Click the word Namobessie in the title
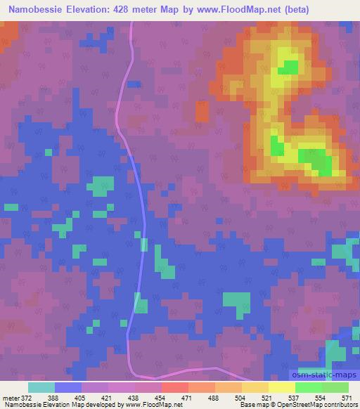(x=35, y=10)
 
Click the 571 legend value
(x=347, y=398)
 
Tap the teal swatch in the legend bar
(x=41, y=387)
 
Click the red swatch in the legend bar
(x=175, y=387)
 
